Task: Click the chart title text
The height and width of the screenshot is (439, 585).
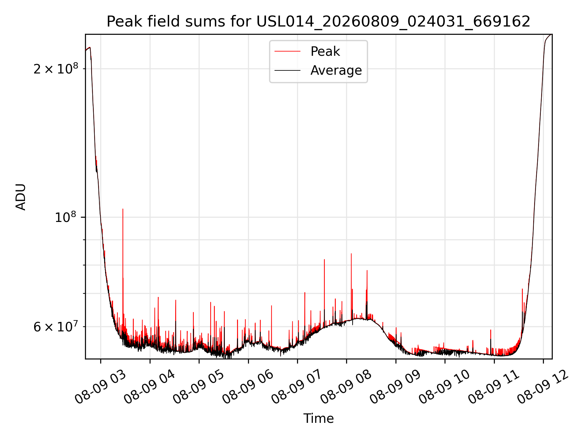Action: [x=318, y=22]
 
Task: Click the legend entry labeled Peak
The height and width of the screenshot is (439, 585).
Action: [x=325, y=51]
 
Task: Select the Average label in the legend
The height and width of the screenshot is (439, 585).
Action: [x=336, y=70]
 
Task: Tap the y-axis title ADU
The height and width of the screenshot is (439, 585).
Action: [x=21, y=197]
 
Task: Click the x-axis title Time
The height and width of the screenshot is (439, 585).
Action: [x=318, y=419]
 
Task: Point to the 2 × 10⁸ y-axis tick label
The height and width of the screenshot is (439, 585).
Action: [x=55, y=69]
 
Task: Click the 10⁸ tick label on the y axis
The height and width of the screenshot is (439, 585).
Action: [x=65, y=217]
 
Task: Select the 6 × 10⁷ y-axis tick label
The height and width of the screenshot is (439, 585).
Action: [x=55, y=327]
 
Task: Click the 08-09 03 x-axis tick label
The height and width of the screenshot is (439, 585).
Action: [x=101, y=387]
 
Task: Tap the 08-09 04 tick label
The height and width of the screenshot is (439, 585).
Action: [x=150, y=387]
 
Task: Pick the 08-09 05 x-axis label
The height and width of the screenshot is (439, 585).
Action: [x=199, y=387]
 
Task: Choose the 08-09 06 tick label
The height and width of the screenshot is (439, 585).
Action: [x=248, y=387]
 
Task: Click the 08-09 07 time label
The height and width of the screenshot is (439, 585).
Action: [x=297, y=387]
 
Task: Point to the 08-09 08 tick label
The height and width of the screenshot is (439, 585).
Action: [x=346, y=387]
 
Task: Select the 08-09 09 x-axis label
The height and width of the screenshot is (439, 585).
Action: [x=395, y=387]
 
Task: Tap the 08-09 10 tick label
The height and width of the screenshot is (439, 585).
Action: [x=445, y=387]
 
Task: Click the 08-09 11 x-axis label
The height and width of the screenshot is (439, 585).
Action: [x=494, y=387]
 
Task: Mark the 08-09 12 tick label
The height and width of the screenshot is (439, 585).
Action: [x=543, y=387]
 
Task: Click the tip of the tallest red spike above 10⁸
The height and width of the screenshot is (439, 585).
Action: [x=123, y=209]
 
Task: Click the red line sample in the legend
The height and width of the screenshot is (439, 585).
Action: [x=287, y=52]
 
